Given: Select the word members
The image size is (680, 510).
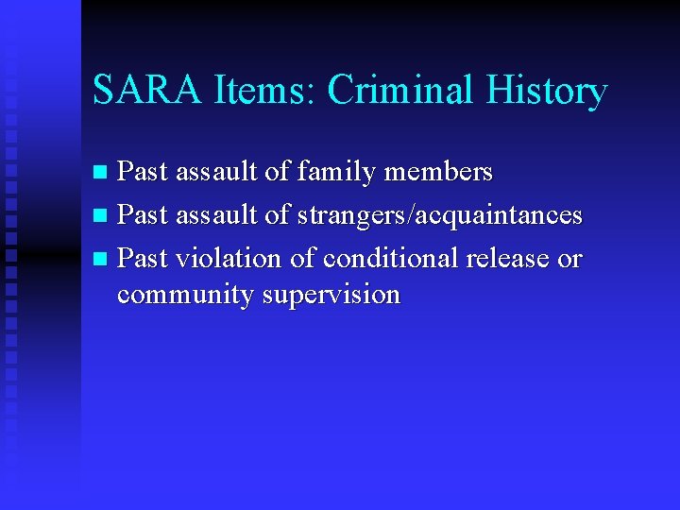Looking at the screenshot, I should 441,171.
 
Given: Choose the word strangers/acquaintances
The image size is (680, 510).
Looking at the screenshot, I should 439,215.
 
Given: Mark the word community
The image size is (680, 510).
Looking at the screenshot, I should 186,296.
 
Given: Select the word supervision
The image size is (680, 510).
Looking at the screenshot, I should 331,296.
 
